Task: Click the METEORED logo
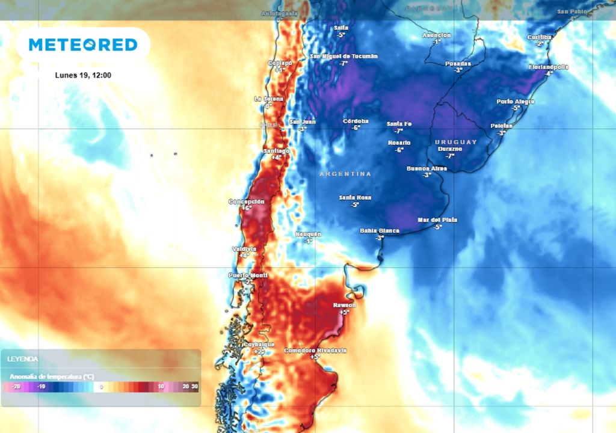(x=83, y=45)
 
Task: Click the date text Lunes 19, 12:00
(x=82, y=75)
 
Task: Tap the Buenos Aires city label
(x=427, y=168)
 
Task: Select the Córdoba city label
(x=356, y=121)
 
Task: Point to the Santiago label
(x=277, y=150)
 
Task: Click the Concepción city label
(x=246, y=201)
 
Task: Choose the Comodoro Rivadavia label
(x=315, y=350)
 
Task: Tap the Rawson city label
(x=345, y=305)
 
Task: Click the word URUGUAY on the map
(x=455, y=142)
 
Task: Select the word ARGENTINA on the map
(x=345, y=174)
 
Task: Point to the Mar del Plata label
(x=437, y=220)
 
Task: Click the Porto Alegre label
(x=516, y=102)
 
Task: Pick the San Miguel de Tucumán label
(x=343, y=56)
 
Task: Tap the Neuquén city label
(x=308, y=233)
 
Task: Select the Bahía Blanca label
(x=380, y=230)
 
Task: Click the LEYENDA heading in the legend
(x=22, y=359)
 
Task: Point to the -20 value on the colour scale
(x=16, y=387)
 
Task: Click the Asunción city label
(x=436, y=35)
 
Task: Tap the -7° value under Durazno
(x=449, y=156)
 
